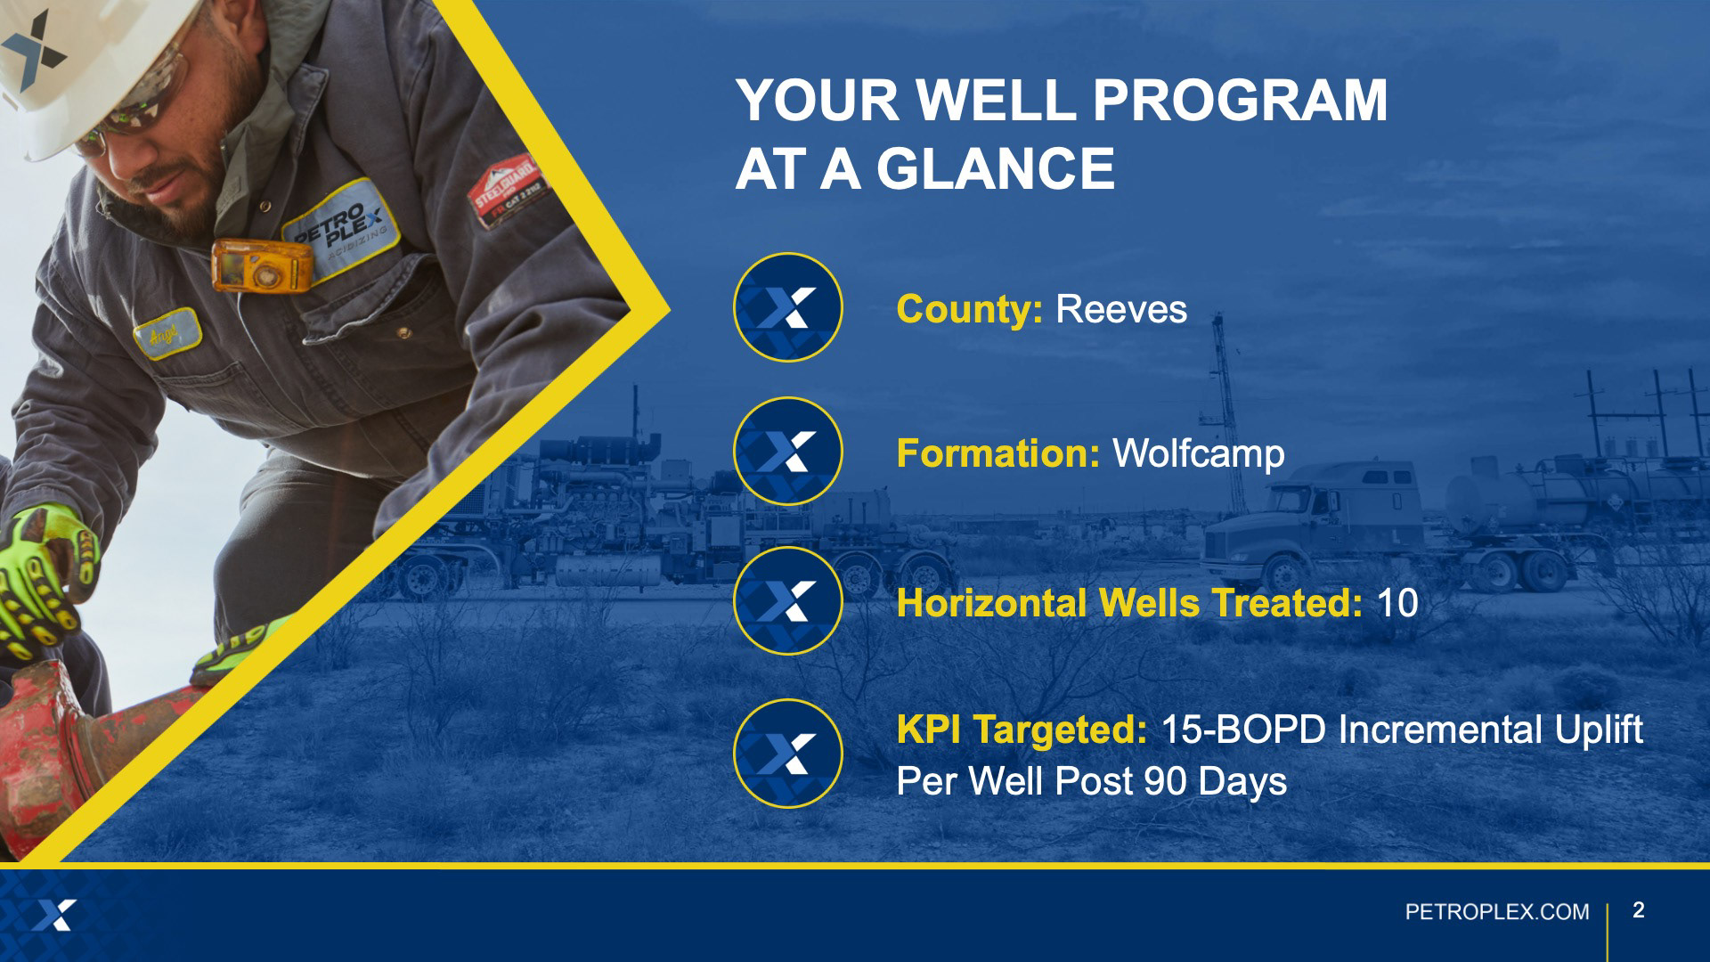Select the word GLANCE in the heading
pos(995,168)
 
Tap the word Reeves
pos(1121,309)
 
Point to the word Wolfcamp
pos(1199,453)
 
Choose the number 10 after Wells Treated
pos(1397,603)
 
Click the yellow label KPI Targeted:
pos(1022,730)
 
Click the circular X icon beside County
pos(787,307)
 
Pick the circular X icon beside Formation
pos(787,451)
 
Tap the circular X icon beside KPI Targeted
pos(787,754)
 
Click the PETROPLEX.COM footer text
pos(1496,912)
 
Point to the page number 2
pos(1639,909)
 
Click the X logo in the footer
pos(54,915)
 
